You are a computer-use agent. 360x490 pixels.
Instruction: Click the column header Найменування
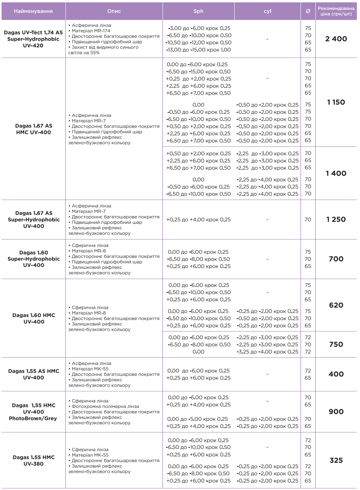click(33, 11)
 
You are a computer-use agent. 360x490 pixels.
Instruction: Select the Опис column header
click(114, 11)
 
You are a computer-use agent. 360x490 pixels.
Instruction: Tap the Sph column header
click(199, 11)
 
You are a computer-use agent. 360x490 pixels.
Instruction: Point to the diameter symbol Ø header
click(308, 11)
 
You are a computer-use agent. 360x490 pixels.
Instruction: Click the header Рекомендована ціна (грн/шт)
click(336, 11)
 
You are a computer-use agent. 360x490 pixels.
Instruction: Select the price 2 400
click(336, 39)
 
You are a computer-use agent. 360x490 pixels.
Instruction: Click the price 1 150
click(336, 103)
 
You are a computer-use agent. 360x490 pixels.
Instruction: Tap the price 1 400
click(336, 173)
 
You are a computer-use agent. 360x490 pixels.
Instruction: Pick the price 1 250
click(336, 220)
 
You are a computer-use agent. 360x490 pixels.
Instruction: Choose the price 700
click(336, 259)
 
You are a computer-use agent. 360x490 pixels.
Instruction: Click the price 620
click(336, 305)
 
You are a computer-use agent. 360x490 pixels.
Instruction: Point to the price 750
click(336, 344)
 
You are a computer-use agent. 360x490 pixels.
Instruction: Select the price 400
click(336, 374)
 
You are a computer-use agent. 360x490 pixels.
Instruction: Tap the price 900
click(336, 412)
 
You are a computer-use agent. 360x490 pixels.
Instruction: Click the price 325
click(336, 460)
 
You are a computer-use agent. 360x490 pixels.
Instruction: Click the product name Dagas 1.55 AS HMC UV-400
click(34, 374)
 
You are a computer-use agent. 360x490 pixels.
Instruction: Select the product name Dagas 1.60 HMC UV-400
click(34, 319)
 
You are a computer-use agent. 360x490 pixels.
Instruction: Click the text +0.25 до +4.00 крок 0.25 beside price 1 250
click(198, 220)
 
